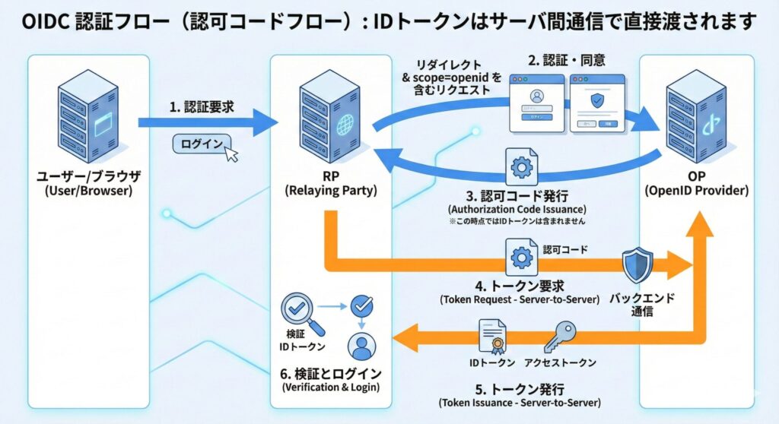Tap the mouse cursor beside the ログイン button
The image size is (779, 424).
pos(231,154)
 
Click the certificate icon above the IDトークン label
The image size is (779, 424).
pos(492,337)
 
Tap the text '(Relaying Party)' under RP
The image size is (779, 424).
pos(330,191)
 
